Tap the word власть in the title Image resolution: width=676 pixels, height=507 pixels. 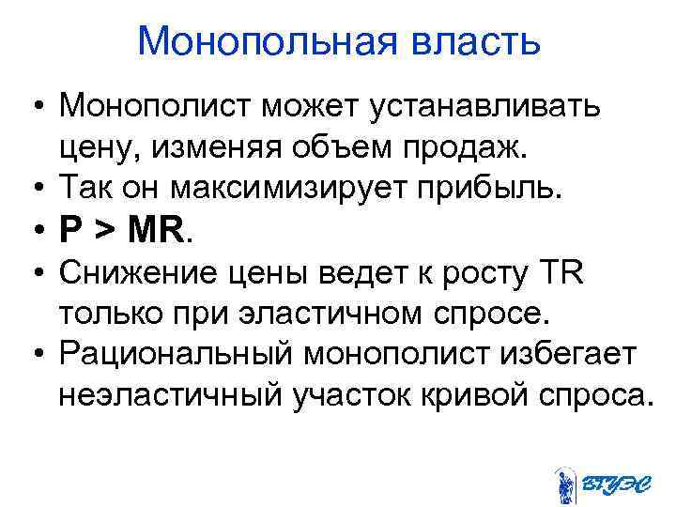(x=473, y=42)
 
